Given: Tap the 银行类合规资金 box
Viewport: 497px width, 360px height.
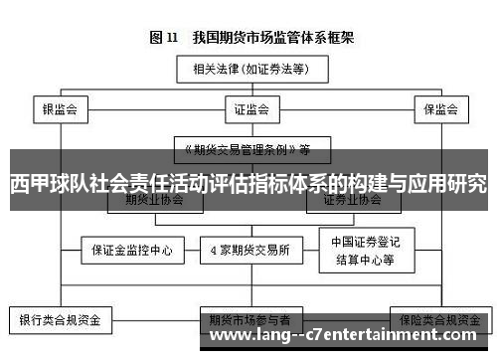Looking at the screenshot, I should click(61, 321).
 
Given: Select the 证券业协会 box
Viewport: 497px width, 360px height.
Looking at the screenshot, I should click(352, 200).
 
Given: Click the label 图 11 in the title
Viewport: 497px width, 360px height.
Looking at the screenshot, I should click(162, 38).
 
